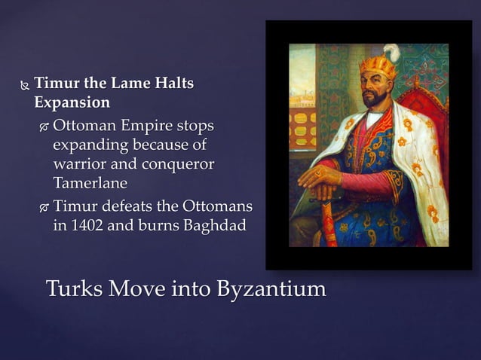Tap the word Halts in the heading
tap(175, 84)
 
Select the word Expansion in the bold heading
tap(72, 102)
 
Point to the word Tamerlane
tap(90, 183)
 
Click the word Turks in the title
tap(73, 288)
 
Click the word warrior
tap(78, 163)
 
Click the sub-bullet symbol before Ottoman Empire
tap(44, 127)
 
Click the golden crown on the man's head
tap(378, 67)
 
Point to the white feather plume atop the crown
tap(393, 52)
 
